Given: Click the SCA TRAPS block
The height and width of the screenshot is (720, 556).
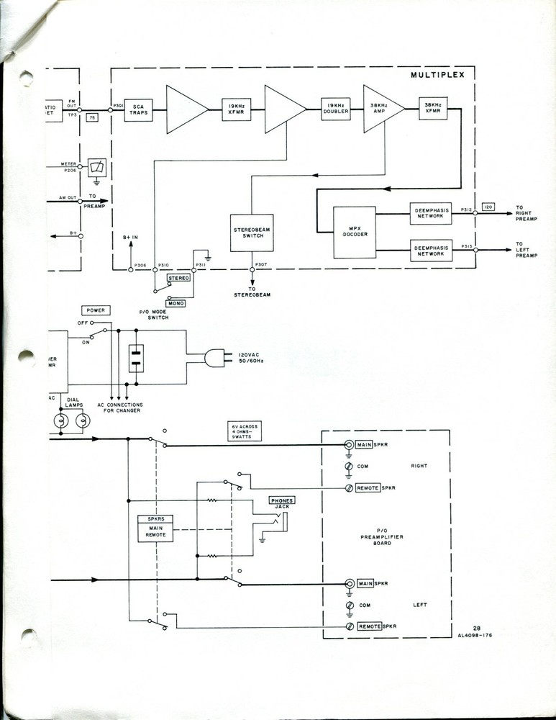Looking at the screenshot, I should [139, 109].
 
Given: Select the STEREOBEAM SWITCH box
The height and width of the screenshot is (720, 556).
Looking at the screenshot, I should [251, 232].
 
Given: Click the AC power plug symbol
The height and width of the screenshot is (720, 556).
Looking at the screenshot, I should [214, 357].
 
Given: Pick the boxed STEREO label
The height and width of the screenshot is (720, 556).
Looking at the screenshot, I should [178, 277].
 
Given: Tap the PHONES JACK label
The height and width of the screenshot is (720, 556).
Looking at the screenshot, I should [281, 503].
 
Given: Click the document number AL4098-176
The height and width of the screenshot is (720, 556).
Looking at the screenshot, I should [475, 636].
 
